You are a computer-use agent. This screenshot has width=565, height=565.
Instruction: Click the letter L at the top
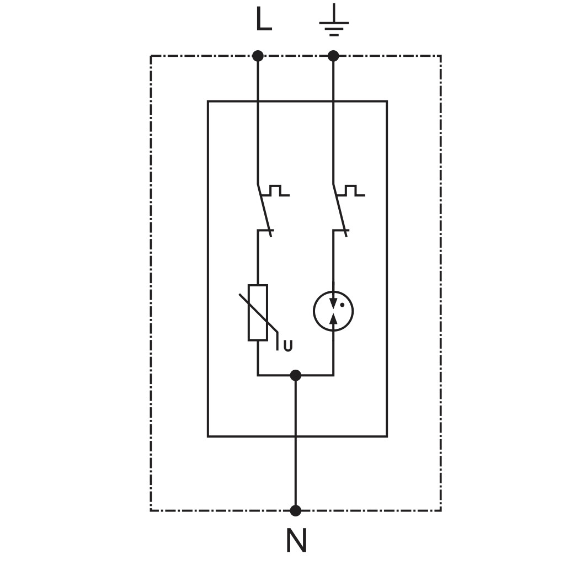coord(264,19)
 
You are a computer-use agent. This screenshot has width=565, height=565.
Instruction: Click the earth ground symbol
coord(334,20)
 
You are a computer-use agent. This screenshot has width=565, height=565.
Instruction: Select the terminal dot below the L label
coord(258,56)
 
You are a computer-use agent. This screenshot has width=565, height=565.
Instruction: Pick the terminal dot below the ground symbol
coord(333,56)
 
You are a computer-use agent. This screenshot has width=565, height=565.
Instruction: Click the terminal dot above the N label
coord(296,510)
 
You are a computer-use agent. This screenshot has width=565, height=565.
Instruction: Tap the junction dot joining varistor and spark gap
coord(296,375)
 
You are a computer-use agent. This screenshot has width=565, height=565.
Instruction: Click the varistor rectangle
coord(258,312)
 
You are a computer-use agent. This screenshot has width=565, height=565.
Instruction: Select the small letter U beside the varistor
coord(288,346)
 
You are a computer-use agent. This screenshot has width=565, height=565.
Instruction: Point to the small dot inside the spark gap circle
coord(342,305)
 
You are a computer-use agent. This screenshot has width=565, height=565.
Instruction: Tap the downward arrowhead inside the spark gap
coord(333,303)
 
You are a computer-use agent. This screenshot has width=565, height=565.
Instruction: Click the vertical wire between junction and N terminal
coord(296,443)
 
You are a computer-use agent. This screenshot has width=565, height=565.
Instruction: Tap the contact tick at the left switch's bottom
coord(265,230)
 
